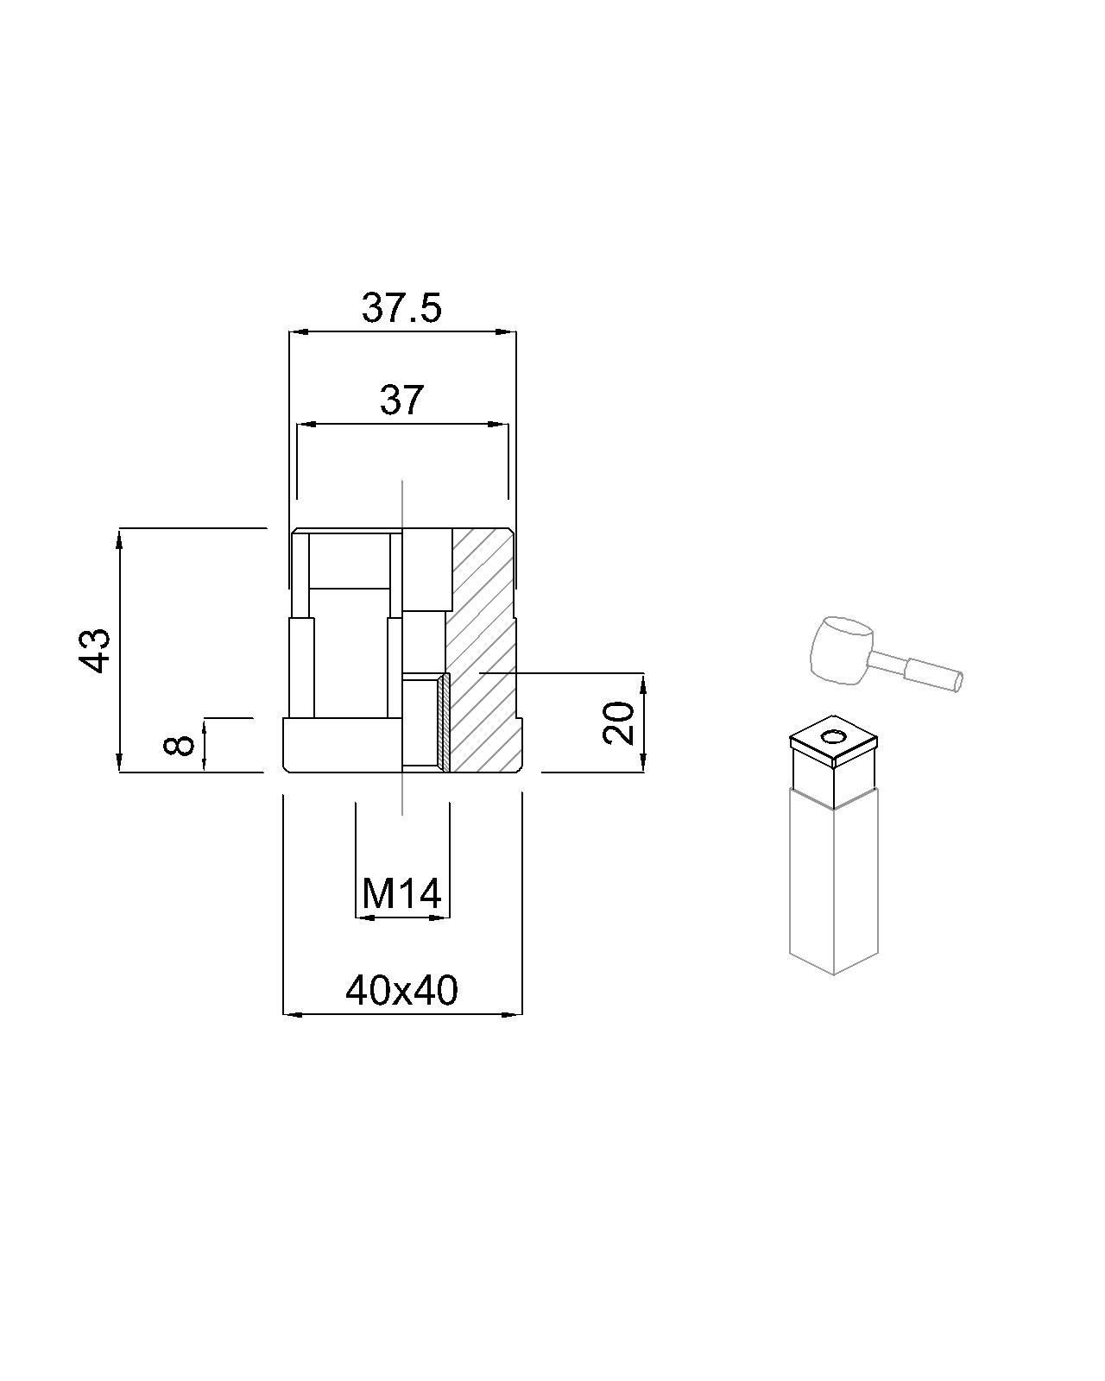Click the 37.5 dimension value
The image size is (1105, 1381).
[x=401, y=307]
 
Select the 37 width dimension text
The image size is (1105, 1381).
[x=402, y=400]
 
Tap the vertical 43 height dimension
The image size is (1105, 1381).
[x=96, y=649]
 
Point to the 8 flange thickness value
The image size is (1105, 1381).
[x=180, y=743]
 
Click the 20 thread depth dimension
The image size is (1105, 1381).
[x=619, y=722]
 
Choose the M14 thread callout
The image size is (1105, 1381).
[x=402, y=894]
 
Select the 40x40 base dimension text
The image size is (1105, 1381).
[x=402, y=991]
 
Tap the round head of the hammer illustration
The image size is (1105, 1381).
[x=840, y=650]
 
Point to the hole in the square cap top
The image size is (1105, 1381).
[x=834, y=736]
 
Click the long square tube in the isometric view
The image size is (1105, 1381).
[x=833, y=880]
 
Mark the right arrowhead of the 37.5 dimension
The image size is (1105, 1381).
[x=508, y=331]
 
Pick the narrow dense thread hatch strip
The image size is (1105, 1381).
[x=443, y=723]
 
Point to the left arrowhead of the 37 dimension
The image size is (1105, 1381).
[x=304, y=424]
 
